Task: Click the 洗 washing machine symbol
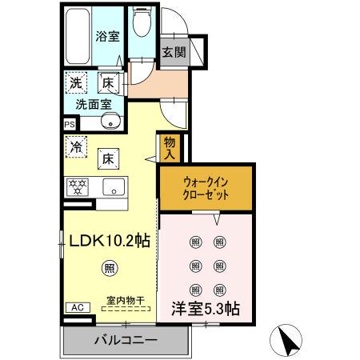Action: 75,82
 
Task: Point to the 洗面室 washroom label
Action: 94,104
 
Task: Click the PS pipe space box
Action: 69,124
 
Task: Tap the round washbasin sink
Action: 112,122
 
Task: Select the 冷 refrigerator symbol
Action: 76,147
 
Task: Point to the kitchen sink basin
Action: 113,189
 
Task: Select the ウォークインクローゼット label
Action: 206,188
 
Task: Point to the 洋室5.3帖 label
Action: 206,306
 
